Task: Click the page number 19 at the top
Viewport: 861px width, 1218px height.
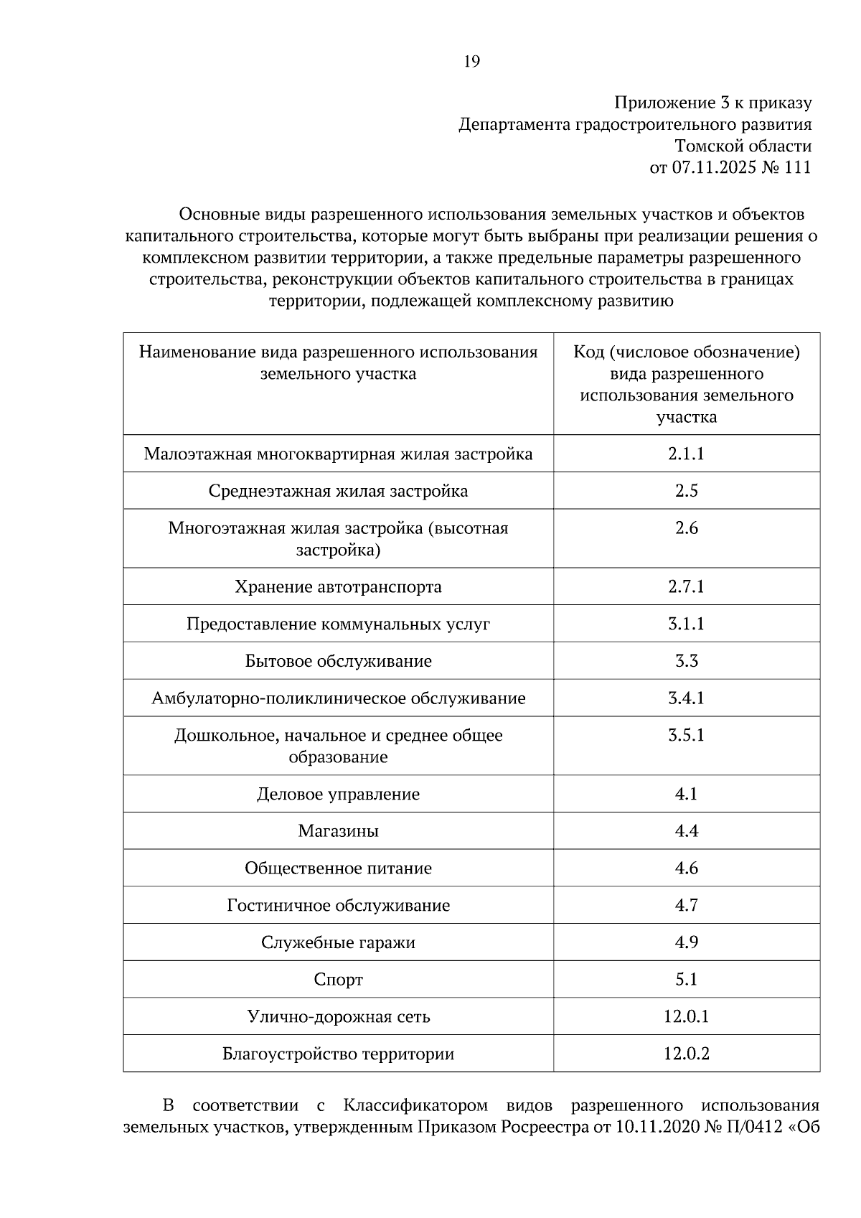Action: (x=471, y=62)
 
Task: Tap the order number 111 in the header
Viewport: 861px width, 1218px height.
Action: (x=797, y=168)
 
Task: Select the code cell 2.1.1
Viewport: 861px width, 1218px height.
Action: (x=686, y=454)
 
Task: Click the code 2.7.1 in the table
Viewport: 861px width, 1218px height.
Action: (x=686, y=587)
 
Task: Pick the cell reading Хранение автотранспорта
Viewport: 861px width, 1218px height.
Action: (x=338, y=587)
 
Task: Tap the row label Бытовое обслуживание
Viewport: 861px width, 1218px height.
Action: (x=338, y=661)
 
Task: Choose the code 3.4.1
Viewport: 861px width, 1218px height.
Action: (x=686, y=698)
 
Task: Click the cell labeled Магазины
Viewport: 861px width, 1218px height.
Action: (x=338, y=831)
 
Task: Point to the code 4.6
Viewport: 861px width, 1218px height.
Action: (x=686, y=868)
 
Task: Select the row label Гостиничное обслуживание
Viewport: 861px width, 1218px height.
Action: (x=338, y=906)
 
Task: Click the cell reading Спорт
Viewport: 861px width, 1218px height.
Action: (x=338, y=980)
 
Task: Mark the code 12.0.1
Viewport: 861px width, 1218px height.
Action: (x=686, y=1017)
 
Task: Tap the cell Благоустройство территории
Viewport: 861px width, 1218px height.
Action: (x=338, y=1054)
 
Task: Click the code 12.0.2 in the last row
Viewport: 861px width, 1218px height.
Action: (x=686, y=1054)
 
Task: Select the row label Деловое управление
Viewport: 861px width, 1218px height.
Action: (x=338, y=795)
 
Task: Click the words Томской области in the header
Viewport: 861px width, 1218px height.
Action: (x=743, y=146)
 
